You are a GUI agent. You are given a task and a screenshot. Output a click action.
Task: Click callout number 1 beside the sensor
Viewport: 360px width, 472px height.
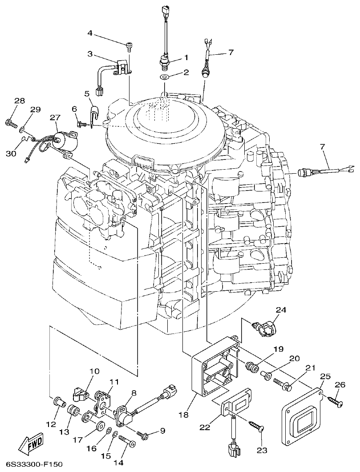pos(186,57)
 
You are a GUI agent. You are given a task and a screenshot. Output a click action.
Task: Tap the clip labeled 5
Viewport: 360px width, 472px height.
pos(95,113)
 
